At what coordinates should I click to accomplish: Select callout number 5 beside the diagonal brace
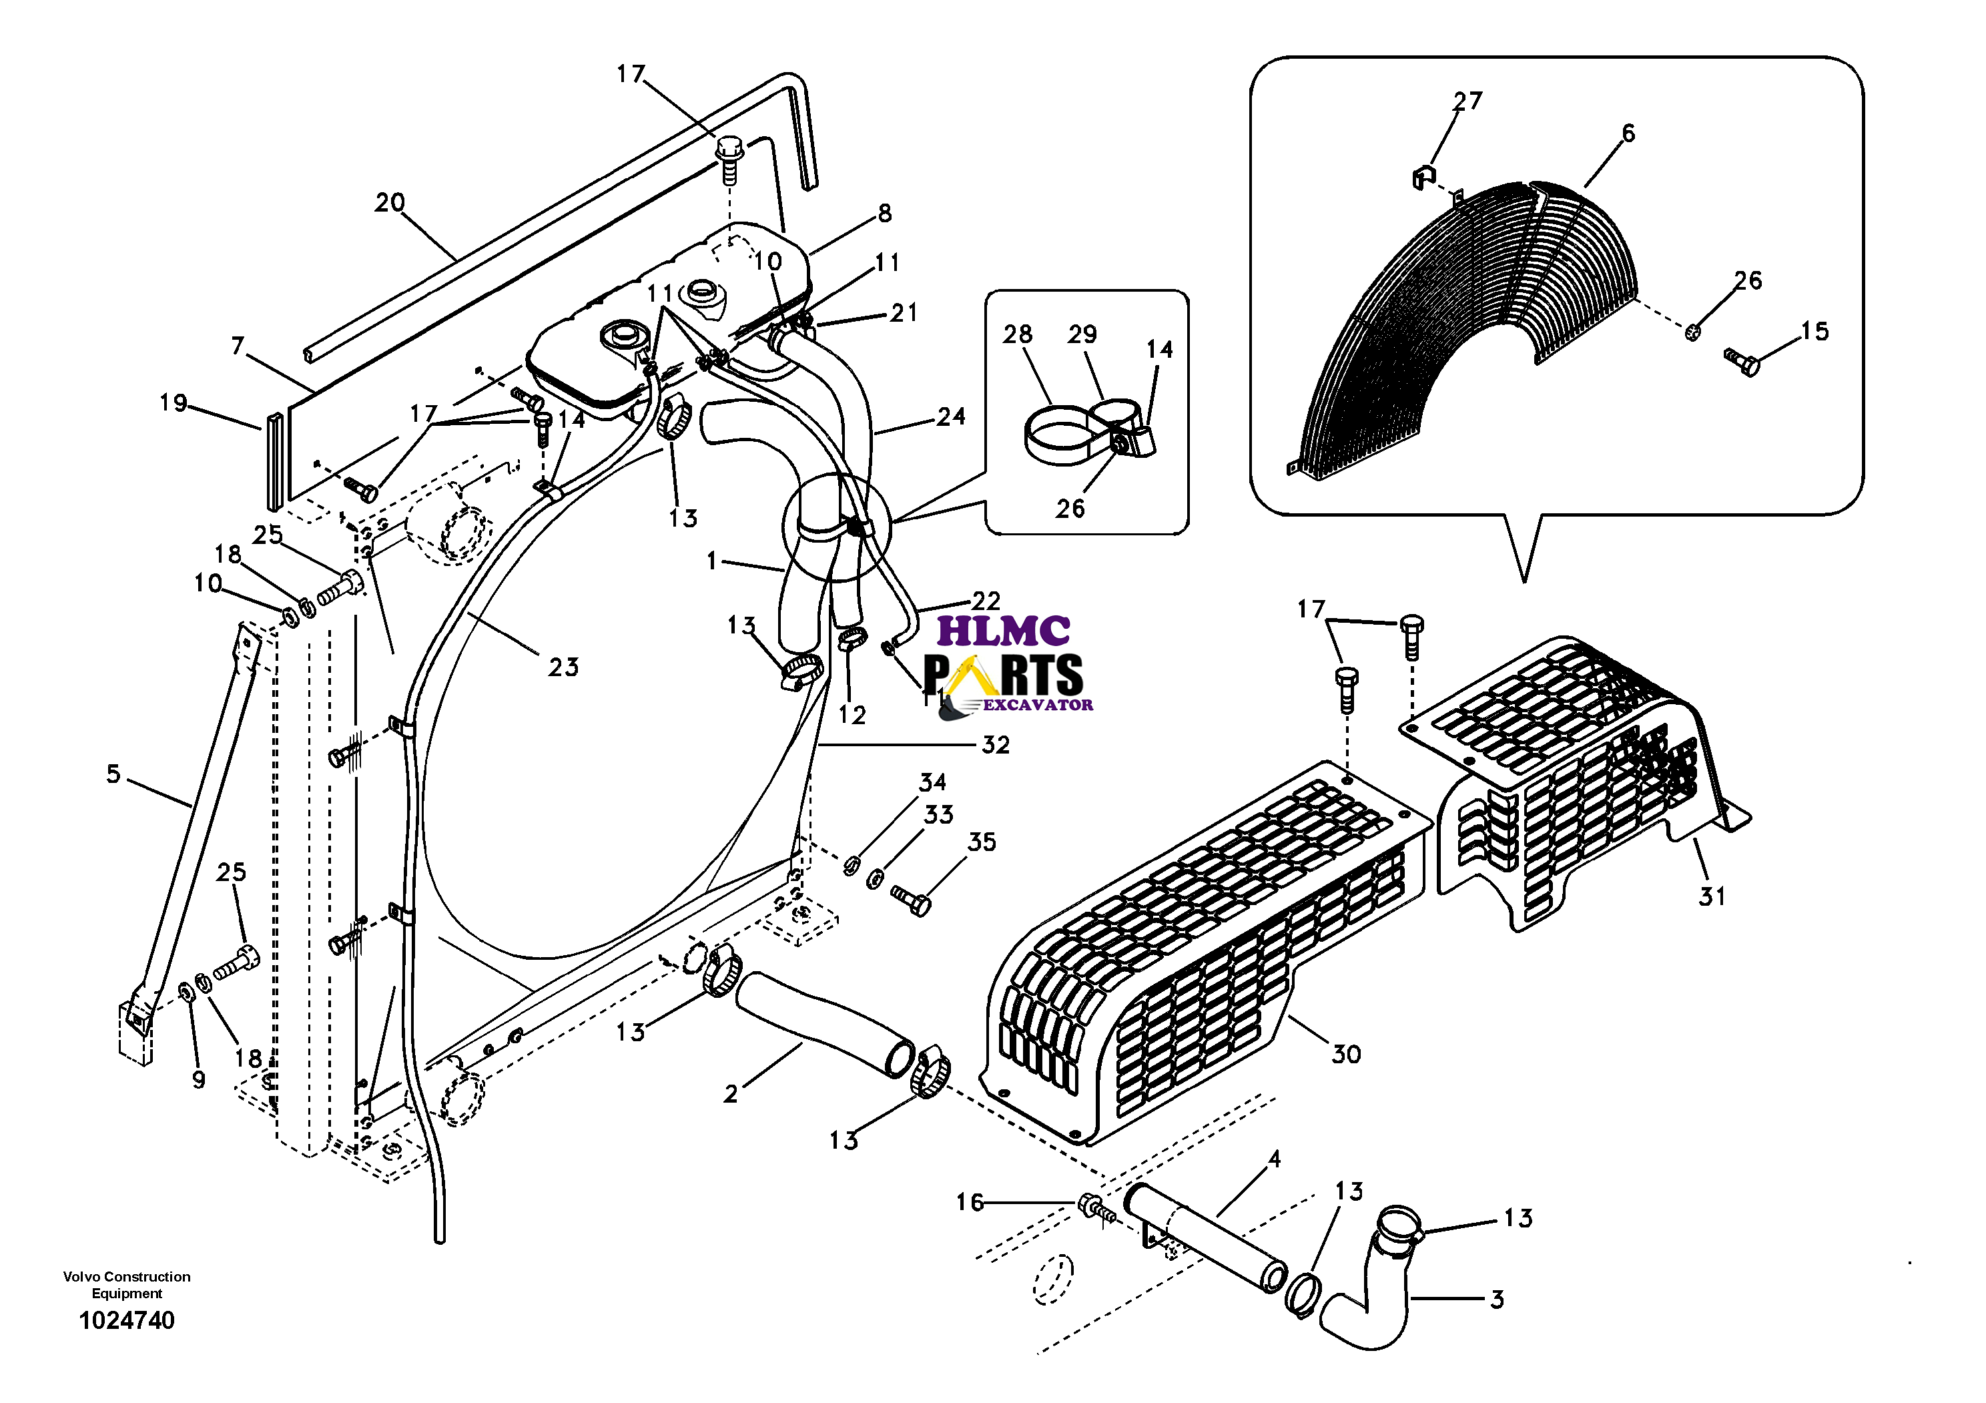tap(113, 774)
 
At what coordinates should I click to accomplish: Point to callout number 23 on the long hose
tap(563, 667)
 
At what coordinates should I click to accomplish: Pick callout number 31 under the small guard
tap(1712, 896)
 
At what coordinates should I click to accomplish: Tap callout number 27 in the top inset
tap(1468, 101)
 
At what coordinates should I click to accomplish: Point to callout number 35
tap(982, 842)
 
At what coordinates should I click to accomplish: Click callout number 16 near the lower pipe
tap(970, 1202)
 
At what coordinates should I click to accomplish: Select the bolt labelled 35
tap(912, 900)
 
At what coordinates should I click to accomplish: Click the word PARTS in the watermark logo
tap(1004, 675)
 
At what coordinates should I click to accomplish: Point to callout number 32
tap(996, 745)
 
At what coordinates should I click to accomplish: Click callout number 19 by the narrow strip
tap(173, 402)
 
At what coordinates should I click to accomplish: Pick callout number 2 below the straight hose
tap(731, 1094)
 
